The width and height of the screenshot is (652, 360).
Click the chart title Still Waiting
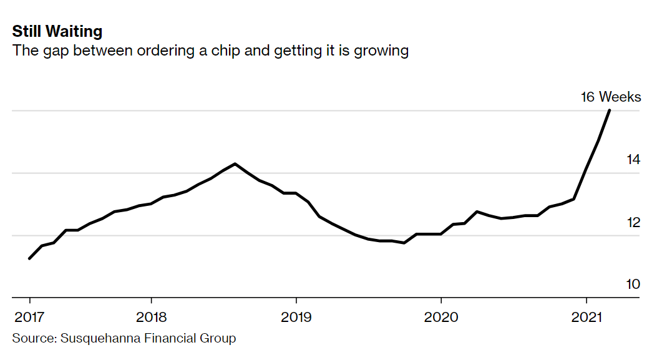pyautogui.click(x=57, y=32)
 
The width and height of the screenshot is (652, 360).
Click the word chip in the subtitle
pyautogui.click(x=226, y=51)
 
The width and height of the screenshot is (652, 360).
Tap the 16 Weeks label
pyautogui.click(x=610, y=97)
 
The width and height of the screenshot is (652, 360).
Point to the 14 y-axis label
pyautogui.click(x=633, y=160)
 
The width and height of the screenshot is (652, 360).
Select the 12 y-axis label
pyautogui.click(x=633, y=222)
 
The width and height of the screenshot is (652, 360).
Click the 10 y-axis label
pyautogui.click(x=633, y=285)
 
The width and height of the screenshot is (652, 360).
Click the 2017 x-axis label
pyautogui.click(x=29, y=316)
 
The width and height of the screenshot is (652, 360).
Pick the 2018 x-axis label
pyautogui.click(x=150, y=316)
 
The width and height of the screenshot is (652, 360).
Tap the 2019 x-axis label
pyautogui.click(x=296, y=316)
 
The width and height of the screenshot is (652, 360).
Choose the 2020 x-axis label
pyautogui.click(x=441, y=316)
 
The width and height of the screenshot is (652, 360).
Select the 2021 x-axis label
pyautogui.click(x=586, y=316)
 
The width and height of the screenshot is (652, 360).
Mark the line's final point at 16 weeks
pyautogui.click(x=610, y=110)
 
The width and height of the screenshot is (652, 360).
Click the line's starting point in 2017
pyautogui.click(x=29, y=258)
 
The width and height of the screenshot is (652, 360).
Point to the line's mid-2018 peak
pyautogui.click(x=235, y=164)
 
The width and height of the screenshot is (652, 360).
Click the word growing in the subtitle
pyautogui.click(x=381, y=51)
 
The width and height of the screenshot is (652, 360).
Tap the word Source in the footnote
pyautogui.click(x=32, y=339)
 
